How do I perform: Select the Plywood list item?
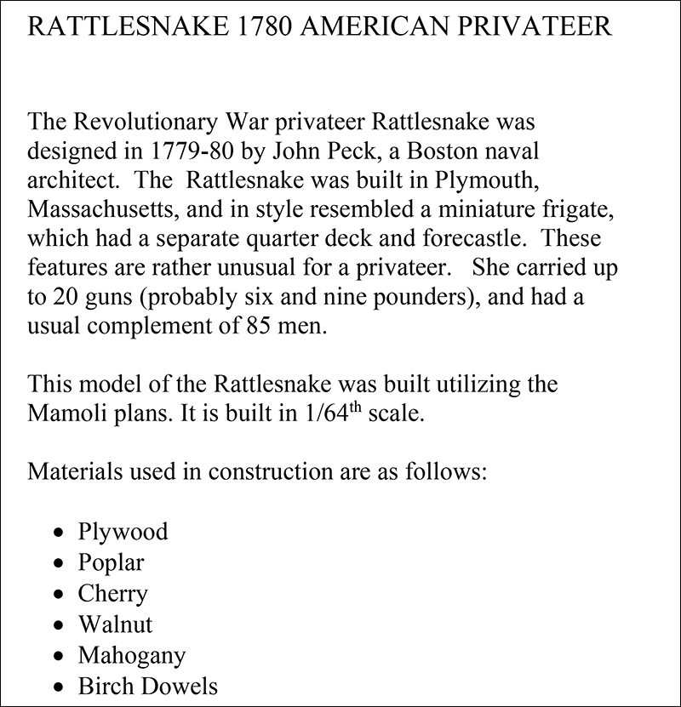123,532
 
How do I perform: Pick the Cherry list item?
112,593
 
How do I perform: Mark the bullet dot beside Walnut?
58,625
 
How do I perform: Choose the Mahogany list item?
132,655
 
